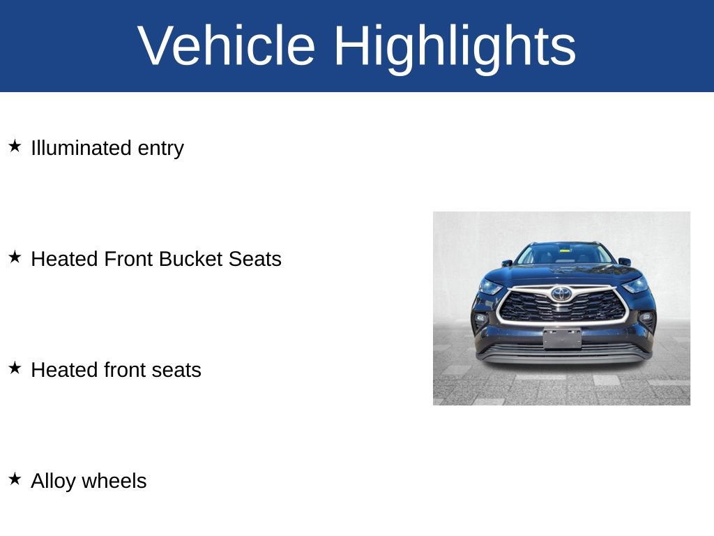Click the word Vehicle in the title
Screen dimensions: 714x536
pyautogui.click(x=226, y=45)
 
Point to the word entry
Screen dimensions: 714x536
pyautogui.click(x=161, y=149)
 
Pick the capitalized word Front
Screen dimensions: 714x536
pyautogui.click(x=128, y=259)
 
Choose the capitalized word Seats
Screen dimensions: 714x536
pyautogui.click(x=255, y=259)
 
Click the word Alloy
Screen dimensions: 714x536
pyautogui.click(x=53, y=482)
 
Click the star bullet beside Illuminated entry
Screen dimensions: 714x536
pyautogui.click(x=15, y=147)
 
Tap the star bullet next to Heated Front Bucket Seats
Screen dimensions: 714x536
pyautogui.click(x=15, y=257)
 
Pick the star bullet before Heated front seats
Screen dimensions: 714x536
pyautogui.click(x=15, y=368)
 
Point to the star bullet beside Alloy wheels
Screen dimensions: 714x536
pyautogui.click(x=15, y=479)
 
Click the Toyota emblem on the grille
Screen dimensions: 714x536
pyautogui.click(x=562, y=294)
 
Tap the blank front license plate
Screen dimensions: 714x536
pyautogui.click(x=562, y=338)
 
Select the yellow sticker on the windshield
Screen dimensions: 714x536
pyautogui.click(x=565, y=250)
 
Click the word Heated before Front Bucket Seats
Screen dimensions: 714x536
pyautogui.click(x=65, y=259)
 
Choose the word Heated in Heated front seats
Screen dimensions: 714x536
pyautogui.click(x=65, y=370)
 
